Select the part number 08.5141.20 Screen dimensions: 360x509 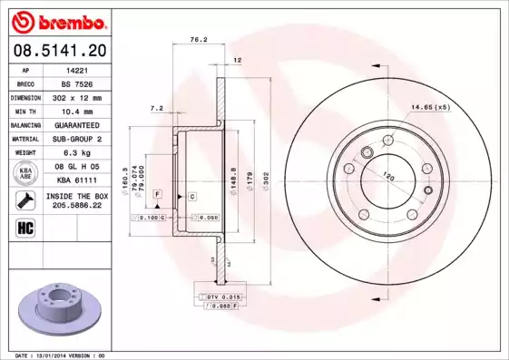coord(59,49)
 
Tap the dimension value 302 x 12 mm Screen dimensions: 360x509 coord(75,96)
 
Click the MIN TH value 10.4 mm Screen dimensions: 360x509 coord(75,110)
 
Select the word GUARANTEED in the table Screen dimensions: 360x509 coord(75,124)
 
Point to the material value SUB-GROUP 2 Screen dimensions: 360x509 coord(75,139)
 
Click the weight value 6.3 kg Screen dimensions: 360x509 coord(75,152)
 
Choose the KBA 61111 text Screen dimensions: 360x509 coord(75,180)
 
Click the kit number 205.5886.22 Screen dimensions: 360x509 coord(75,205)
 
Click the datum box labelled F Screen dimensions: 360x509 coord(157,195)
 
